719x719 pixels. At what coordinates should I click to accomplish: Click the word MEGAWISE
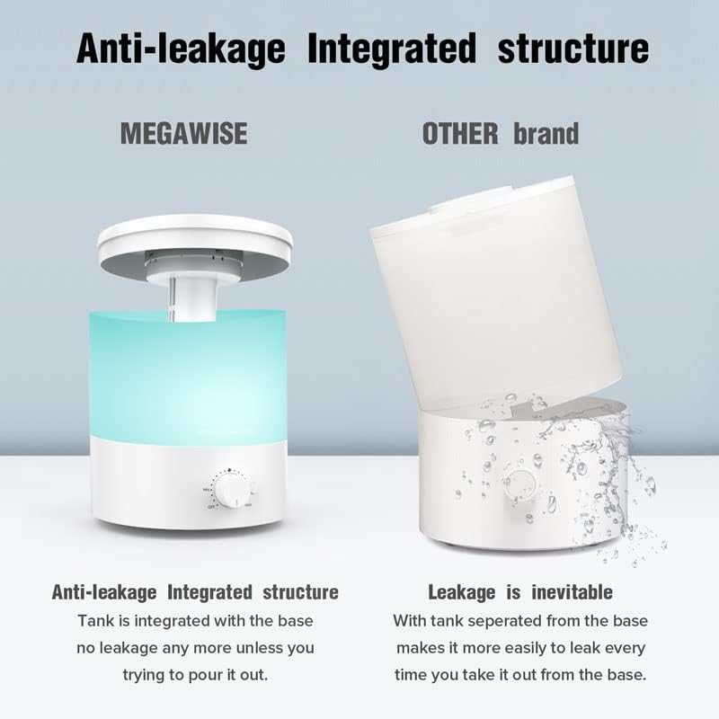(183, 134)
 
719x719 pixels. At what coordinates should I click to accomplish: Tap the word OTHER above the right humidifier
(459, 134)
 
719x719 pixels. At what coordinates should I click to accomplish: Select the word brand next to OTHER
(546, 134)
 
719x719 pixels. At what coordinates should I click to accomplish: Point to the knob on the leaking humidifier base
(518, 484)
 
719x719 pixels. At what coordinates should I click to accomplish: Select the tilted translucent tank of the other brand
(494, 288)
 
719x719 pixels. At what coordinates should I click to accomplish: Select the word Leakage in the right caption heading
(461, 591)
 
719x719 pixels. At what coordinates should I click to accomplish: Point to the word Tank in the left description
(93, 621)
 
